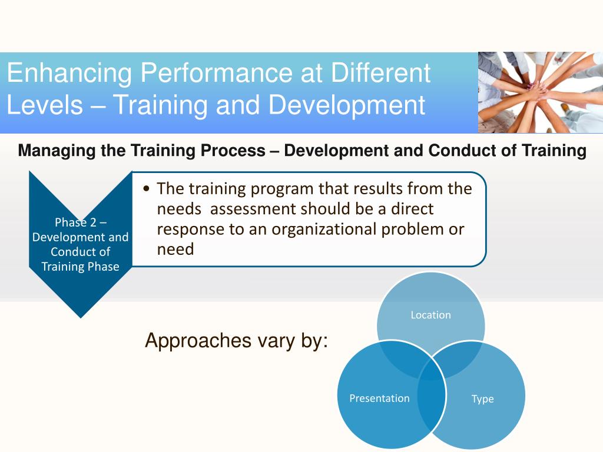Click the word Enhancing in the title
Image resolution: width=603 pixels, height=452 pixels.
click(x=69, y=74)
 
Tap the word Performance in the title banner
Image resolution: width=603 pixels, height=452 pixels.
click(x=217, y=72)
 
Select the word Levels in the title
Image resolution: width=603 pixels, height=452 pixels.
click(x=45, y=105)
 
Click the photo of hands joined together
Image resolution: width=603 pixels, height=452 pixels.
click(x=541, y=92)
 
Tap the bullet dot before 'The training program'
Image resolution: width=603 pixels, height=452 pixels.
click(x=146, y=189)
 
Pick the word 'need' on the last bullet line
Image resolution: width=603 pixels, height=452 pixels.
click(x=175, y=250)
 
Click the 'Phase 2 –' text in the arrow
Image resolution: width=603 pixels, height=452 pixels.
click(x=81, y=222)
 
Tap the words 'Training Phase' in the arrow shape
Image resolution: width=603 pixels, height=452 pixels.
click(x=80, y=267)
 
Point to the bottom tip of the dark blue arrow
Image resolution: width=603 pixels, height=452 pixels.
click(x=81, y=318)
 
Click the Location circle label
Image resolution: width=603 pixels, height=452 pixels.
click(x=430, y=315)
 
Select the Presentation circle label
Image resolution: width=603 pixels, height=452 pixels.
click(x=380, y=398)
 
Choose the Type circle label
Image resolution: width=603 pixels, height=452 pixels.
click(x=483, y=399)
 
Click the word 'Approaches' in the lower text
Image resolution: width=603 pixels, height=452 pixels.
click(x=198, y=341)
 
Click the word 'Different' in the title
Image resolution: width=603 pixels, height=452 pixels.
click(x=380, y=72)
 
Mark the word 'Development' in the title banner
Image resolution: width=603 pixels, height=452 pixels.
click(x=346, y=105)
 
